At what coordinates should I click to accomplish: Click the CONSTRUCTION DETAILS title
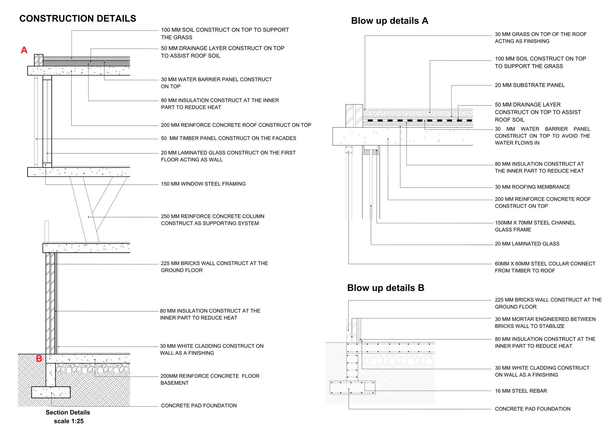(78, 19)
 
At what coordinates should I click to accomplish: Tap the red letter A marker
(24, 50)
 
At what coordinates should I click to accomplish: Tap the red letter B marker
(39, 358)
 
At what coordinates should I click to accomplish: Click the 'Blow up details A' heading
(389, 21)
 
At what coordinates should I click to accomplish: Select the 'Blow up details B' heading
(386, 288)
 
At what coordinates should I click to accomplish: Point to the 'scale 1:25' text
(69, 421)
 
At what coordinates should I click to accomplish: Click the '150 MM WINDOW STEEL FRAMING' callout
(203, 184)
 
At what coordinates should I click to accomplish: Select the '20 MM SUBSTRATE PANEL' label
(530, 85)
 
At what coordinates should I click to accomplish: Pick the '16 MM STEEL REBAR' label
(521, 391)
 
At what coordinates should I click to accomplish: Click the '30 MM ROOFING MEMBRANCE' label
(532, 187)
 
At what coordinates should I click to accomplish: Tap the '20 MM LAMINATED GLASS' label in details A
(527, 244)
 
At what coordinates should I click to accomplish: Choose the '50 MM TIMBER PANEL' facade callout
(228, 138)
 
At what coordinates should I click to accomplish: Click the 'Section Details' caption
(68, 412)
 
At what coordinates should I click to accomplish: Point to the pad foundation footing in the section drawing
(51, 392)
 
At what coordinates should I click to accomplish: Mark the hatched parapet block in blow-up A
(354, 116)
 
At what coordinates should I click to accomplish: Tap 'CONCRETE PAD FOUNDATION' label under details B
(532, 409)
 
